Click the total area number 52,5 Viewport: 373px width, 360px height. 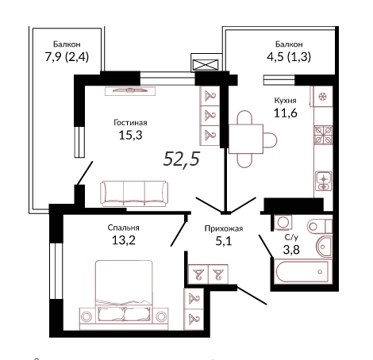click(x=182, y=159)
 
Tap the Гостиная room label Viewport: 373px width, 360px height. click(x=130, y=123)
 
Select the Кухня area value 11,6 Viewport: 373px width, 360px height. click(x=286, y=113)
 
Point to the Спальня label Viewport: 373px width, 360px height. click(x=123, y=228)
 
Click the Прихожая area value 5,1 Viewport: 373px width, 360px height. click(x=224, y=241)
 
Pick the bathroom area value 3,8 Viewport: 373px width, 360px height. click(x=291, y=249)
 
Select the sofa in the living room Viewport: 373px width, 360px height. click(x=134, y=193)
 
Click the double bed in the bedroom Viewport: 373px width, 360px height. click(x=124, y=295)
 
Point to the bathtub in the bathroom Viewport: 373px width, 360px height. click(x=302, y=271)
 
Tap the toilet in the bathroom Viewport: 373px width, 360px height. click(x=320, y=226)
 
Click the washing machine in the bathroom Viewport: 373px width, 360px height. click(x=283, y=222)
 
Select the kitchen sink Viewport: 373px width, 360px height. click(x=323, y=181)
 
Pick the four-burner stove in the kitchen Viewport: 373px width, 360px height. click(x=323, y=135)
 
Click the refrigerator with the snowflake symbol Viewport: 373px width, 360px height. click(x=322, y=96)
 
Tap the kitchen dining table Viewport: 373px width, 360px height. click(x=246, y=139)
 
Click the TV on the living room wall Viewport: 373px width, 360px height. click(x=130, y=90)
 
